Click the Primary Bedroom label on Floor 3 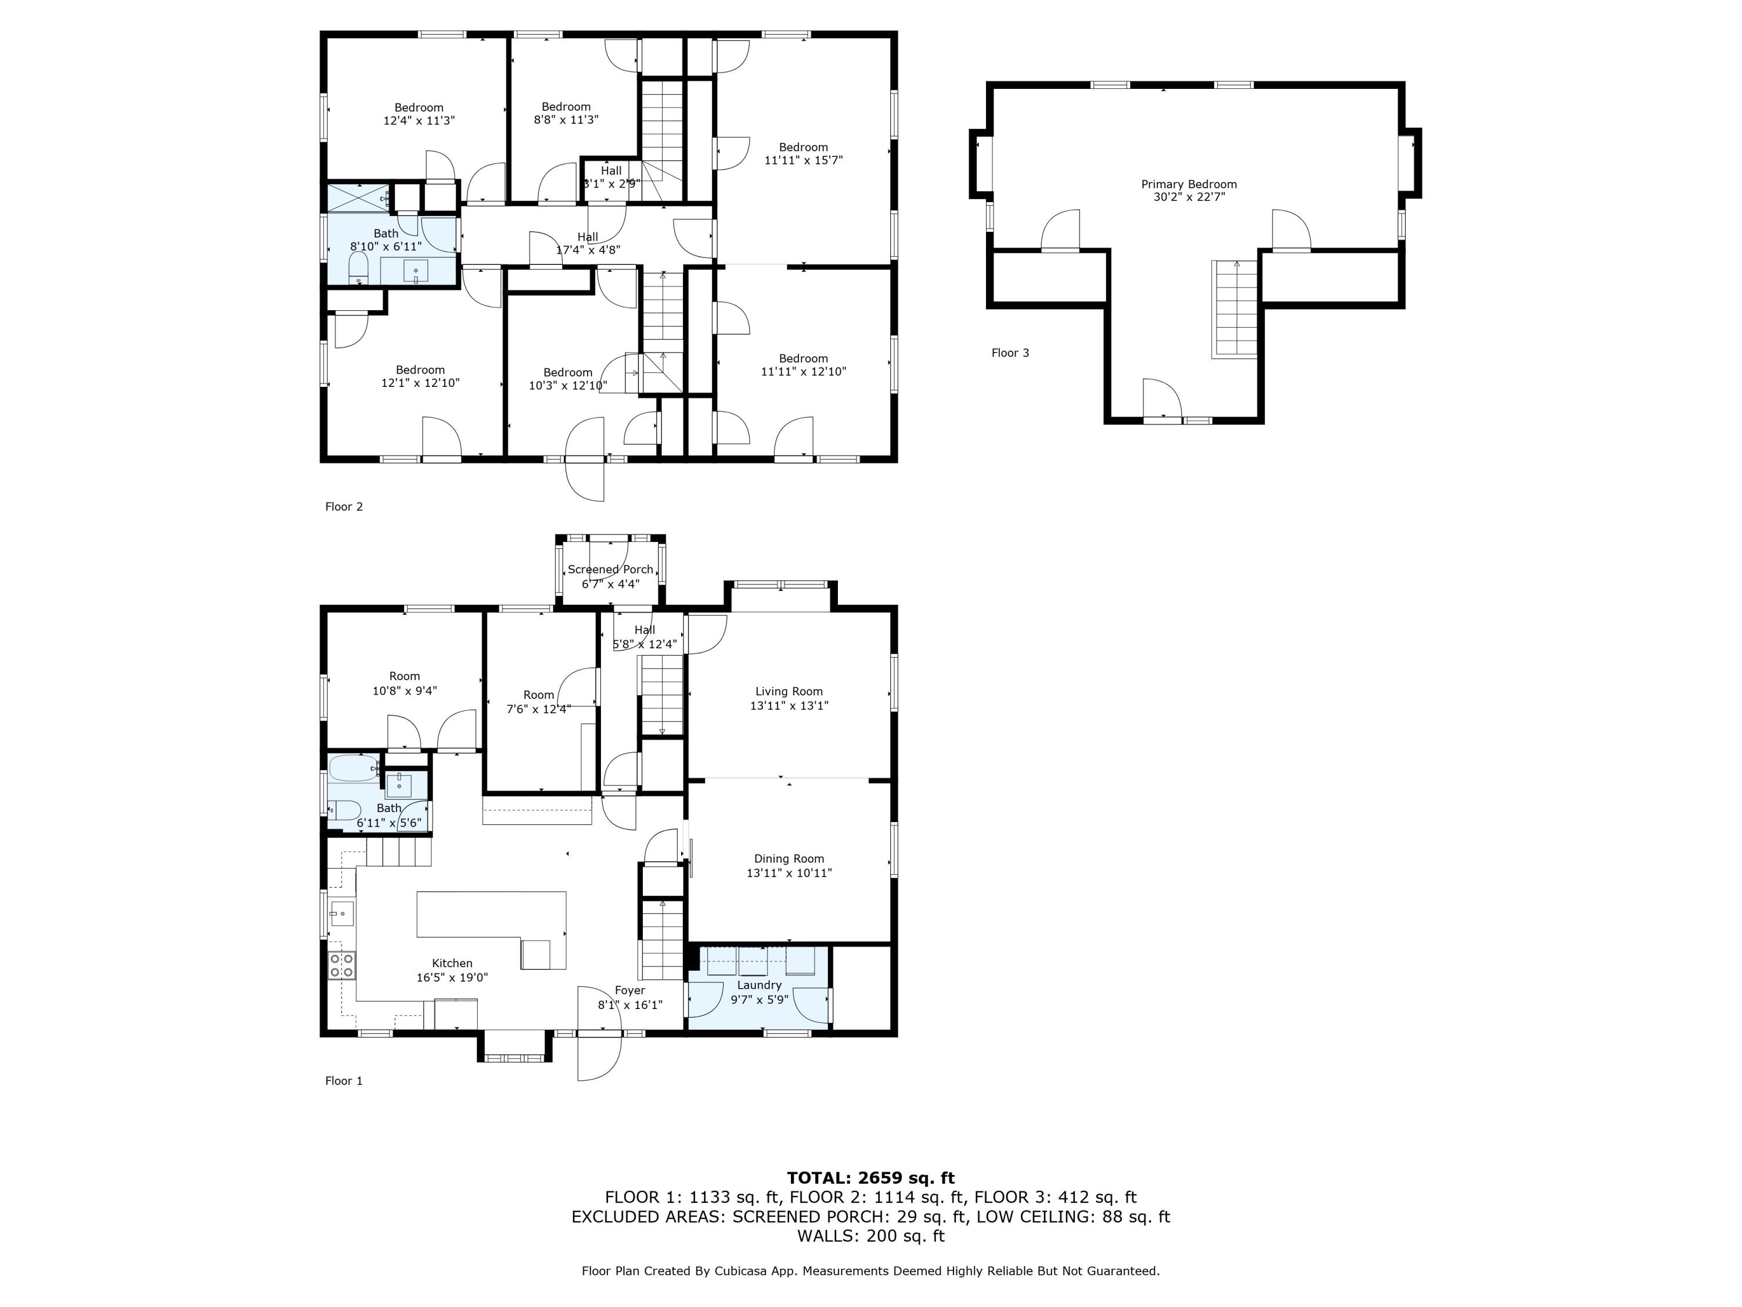pos(1189,184)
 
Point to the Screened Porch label pos(610,570)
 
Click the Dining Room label pos(789,859)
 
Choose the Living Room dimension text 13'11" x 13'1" pos(789,706)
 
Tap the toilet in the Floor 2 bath pos(358,267)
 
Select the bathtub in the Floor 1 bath pos(354,768)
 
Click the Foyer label pos(630,990)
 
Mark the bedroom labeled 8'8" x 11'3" pos(566,113)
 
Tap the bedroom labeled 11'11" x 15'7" pos(803,153)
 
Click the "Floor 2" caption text pos(344,507)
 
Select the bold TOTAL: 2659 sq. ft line pos(870,1178)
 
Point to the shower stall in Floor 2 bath pos(358,197)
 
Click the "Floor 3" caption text pos(1010,353)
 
